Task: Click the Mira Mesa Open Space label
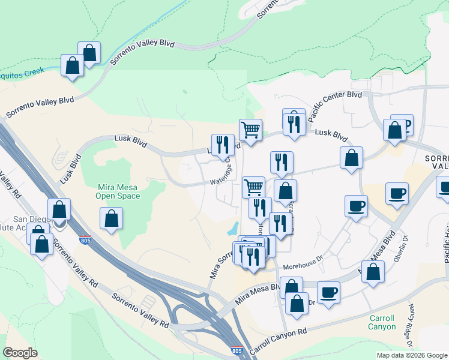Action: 119,191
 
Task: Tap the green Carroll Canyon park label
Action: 382,322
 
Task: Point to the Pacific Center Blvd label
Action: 335,104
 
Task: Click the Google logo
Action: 20,353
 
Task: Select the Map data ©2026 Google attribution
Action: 411,355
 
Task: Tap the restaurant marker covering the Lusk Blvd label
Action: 223,144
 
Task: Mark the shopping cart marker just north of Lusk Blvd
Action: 250,128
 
